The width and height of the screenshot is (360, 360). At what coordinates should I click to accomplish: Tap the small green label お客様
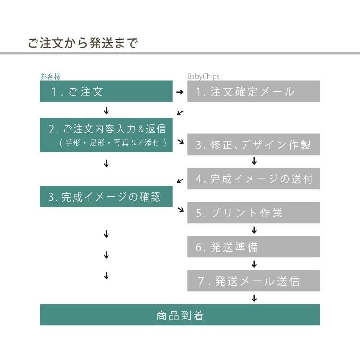pos(50,76)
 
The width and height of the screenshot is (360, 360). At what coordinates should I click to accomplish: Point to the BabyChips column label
pos(203,76)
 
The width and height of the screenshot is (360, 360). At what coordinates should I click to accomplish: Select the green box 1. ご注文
pos(106,91)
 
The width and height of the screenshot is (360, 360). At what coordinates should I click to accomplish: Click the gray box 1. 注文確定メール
pos(253,91)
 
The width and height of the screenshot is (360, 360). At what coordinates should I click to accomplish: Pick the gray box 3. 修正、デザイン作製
pos(253,144)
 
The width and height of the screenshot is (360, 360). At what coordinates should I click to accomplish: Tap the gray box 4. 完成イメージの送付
pos(253,179)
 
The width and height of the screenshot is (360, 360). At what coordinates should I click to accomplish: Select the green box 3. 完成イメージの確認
pos(106,197)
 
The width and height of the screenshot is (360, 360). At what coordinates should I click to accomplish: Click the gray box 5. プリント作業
pos(253,213)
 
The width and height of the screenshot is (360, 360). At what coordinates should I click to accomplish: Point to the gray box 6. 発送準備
pos(253,247)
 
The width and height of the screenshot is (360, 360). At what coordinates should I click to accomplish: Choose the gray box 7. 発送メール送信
pos(253,281)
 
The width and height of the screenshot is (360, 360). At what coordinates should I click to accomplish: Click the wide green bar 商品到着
pos(180,315)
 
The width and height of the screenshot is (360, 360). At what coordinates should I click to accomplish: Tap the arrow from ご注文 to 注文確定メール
pos(180,92)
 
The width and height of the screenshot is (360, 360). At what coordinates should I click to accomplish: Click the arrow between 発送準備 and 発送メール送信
pos(254,264)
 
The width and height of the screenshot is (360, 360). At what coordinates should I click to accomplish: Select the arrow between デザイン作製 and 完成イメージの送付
pos(254,161)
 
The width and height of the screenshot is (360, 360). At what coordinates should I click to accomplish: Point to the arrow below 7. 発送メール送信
pos(254,298)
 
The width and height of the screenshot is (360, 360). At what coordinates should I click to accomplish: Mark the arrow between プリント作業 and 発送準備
pos(254,230)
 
